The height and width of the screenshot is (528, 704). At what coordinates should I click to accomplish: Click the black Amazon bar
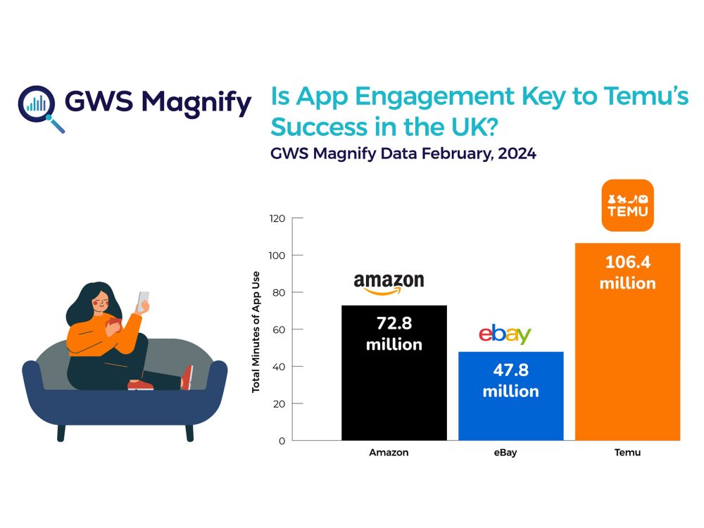(394, 394)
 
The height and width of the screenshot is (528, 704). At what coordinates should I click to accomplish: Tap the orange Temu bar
(627, 366)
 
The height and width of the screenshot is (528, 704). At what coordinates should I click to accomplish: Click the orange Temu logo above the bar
(627, 205)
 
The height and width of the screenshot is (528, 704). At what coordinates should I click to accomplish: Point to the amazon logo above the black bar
(389, 283)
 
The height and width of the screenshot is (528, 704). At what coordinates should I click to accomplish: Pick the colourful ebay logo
(505, 334)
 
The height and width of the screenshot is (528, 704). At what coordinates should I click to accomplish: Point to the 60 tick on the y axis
(279, 329)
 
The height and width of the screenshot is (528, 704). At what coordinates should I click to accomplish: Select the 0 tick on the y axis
(282, 441)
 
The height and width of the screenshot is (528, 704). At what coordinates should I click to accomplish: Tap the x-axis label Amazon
(389, 453)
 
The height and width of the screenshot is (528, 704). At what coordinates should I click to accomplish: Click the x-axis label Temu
(627, 453)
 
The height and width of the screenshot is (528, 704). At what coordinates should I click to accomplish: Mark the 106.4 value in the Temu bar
(627, 263)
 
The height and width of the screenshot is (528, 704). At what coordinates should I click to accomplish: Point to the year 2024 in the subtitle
(515, 154)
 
